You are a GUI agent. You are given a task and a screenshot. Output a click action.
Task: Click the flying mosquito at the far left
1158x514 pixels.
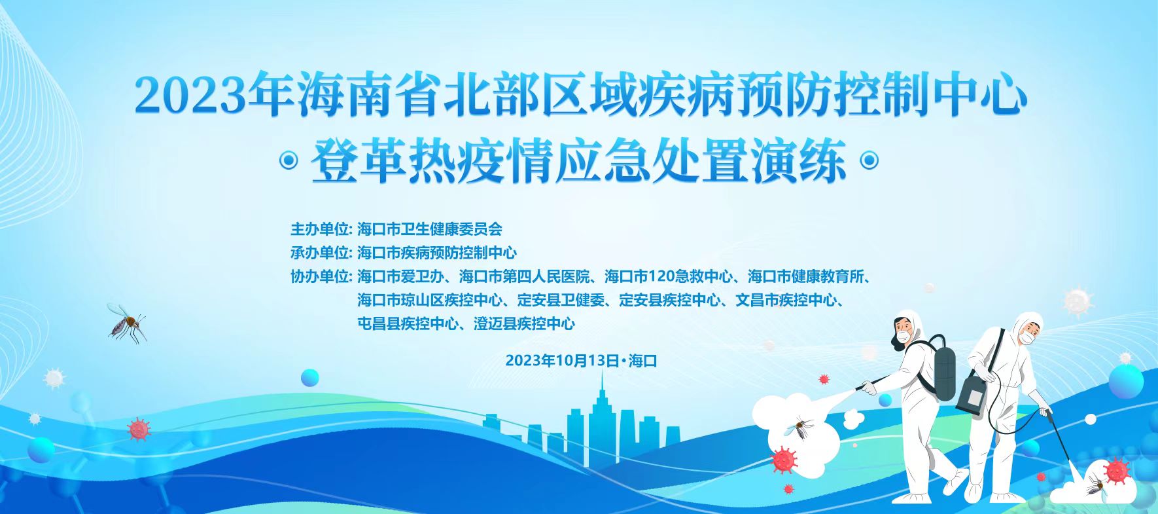tap(126, 323)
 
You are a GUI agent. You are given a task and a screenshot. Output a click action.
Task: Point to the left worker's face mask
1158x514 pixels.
tap(904, 337)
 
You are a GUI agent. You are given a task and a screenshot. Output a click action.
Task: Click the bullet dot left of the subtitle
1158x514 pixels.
tap(289, 160)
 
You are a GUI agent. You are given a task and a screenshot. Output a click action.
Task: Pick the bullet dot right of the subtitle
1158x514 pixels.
tap(868, 160)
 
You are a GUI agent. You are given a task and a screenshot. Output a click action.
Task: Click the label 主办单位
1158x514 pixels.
tap(321, 229)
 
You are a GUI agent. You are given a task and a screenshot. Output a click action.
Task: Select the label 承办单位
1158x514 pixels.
tap(321, 253)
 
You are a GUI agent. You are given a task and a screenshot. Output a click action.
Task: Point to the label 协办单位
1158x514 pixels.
tap(321, 276)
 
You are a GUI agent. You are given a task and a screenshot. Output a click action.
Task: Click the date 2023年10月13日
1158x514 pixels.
tap(562, 361)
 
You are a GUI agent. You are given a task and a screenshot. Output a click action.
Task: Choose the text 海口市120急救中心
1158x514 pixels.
tap(669, 276)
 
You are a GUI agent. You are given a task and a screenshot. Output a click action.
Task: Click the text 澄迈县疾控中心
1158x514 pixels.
tap(524, 323)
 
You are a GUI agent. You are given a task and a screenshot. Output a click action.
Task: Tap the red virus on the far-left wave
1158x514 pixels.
tap(139, 430)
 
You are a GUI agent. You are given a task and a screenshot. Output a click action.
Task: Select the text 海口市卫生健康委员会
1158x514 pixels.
tap(430, 229)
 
